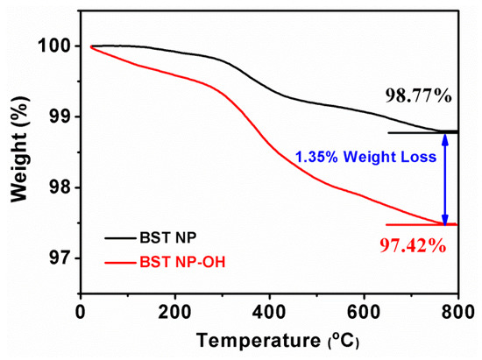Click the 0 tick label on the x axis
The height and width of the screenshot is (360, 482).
(x=81, y=312)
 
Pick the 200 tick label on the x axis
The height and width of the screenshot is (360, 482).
(x=175, y=312)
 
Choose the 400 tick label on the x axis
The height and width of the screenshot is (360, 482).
(x=269, y=312)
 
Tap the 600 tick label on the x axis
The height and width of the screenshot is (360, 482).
(x=364, y=312)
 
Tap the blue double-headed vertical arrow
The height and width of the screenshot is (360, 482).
(x=445, y=179)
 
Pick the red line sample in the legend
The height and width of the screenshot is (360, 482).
(x=113, y=260)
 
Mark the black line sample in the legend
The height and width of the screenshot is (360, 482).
(x=113, y=237)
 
